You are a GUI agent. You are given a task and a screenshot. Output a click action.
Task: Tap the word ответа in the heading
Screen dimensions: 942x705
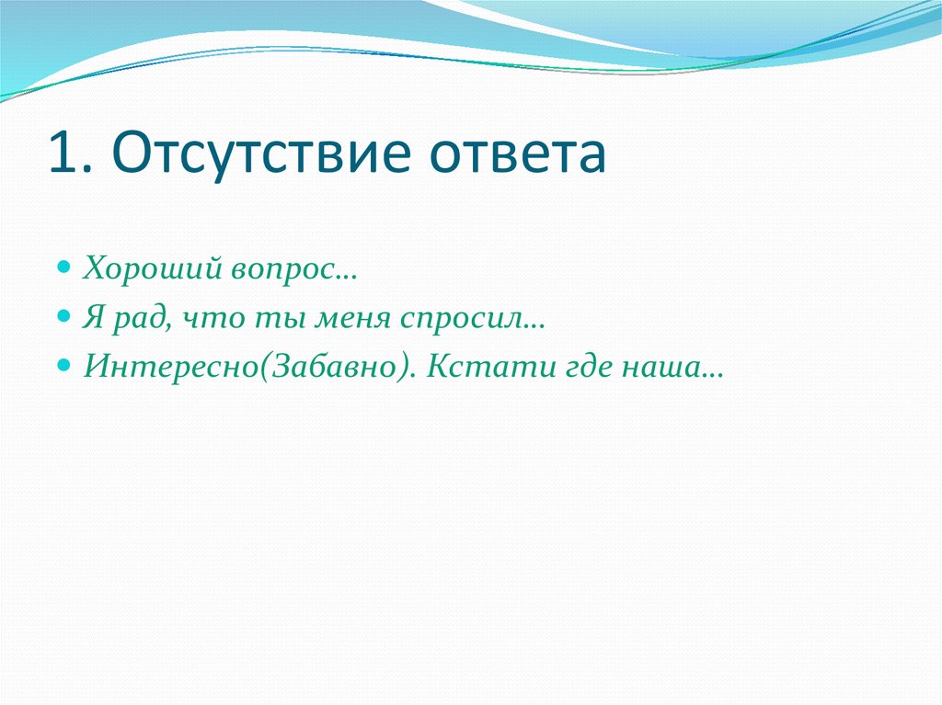517,155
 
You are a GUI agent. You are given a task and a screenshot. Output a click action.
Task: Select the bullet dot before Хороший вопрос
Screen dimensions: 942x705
63,266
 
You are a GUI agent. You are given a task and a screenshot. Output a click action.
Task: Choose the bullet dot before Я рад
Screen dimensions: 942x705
63,315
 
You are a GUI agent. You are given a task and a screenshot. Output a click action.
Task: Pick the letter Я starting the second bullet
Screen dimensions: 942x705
93,317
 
